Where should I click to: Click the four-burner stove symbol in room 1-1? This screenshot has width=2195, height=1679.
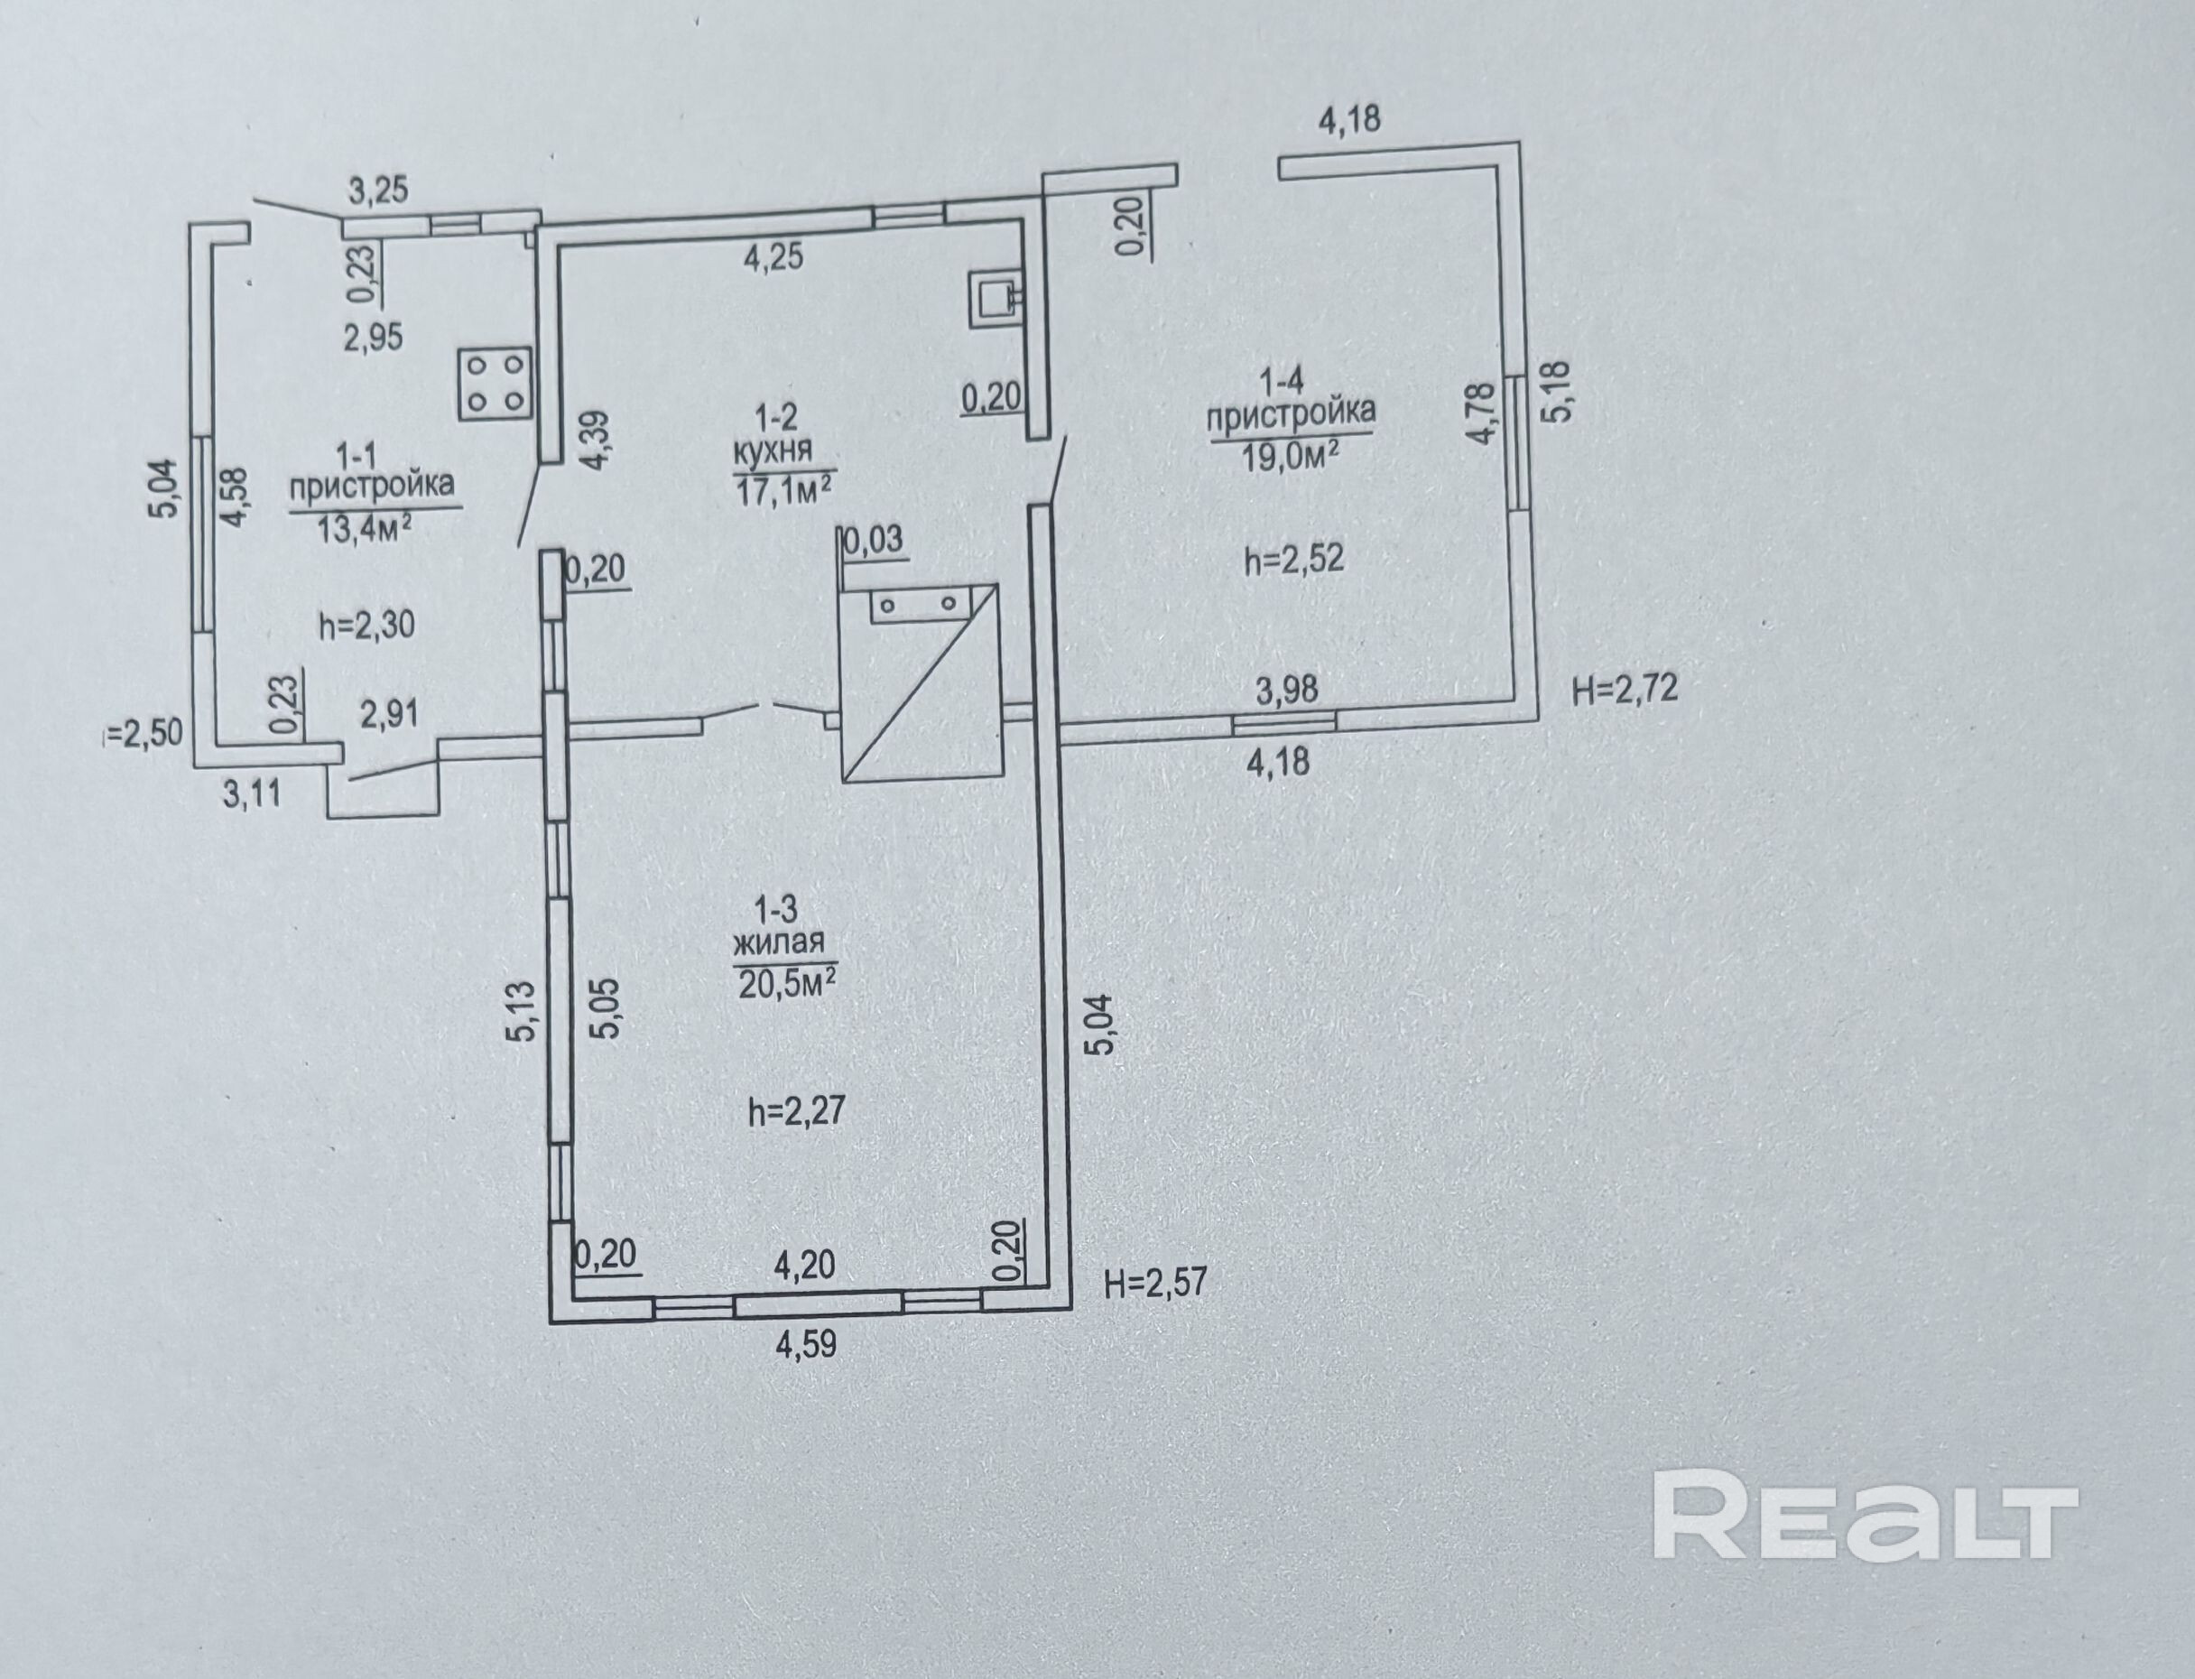[495, 383]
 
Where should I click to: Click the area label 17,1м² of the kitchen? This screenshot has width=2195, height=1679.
[784, 489]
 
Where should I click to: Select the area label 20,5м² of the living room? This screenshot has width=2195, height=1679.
[785, 985]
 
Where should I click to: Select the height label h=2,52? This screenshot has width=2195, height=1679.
[1294, 559]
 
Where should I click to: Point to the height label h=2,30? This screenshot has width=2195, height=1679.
[366, 626]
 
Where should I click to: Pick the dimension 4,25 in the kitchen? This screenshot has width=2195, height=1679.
[773, 258]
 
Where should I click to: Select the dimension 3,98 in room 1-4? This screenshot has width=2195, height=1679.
[1287, 689]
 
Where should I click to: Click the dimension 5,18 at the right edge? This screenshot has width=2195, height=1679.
[1561, 392]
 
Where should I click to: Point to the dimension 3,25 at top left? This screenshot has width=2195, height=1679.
[377, 190]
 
